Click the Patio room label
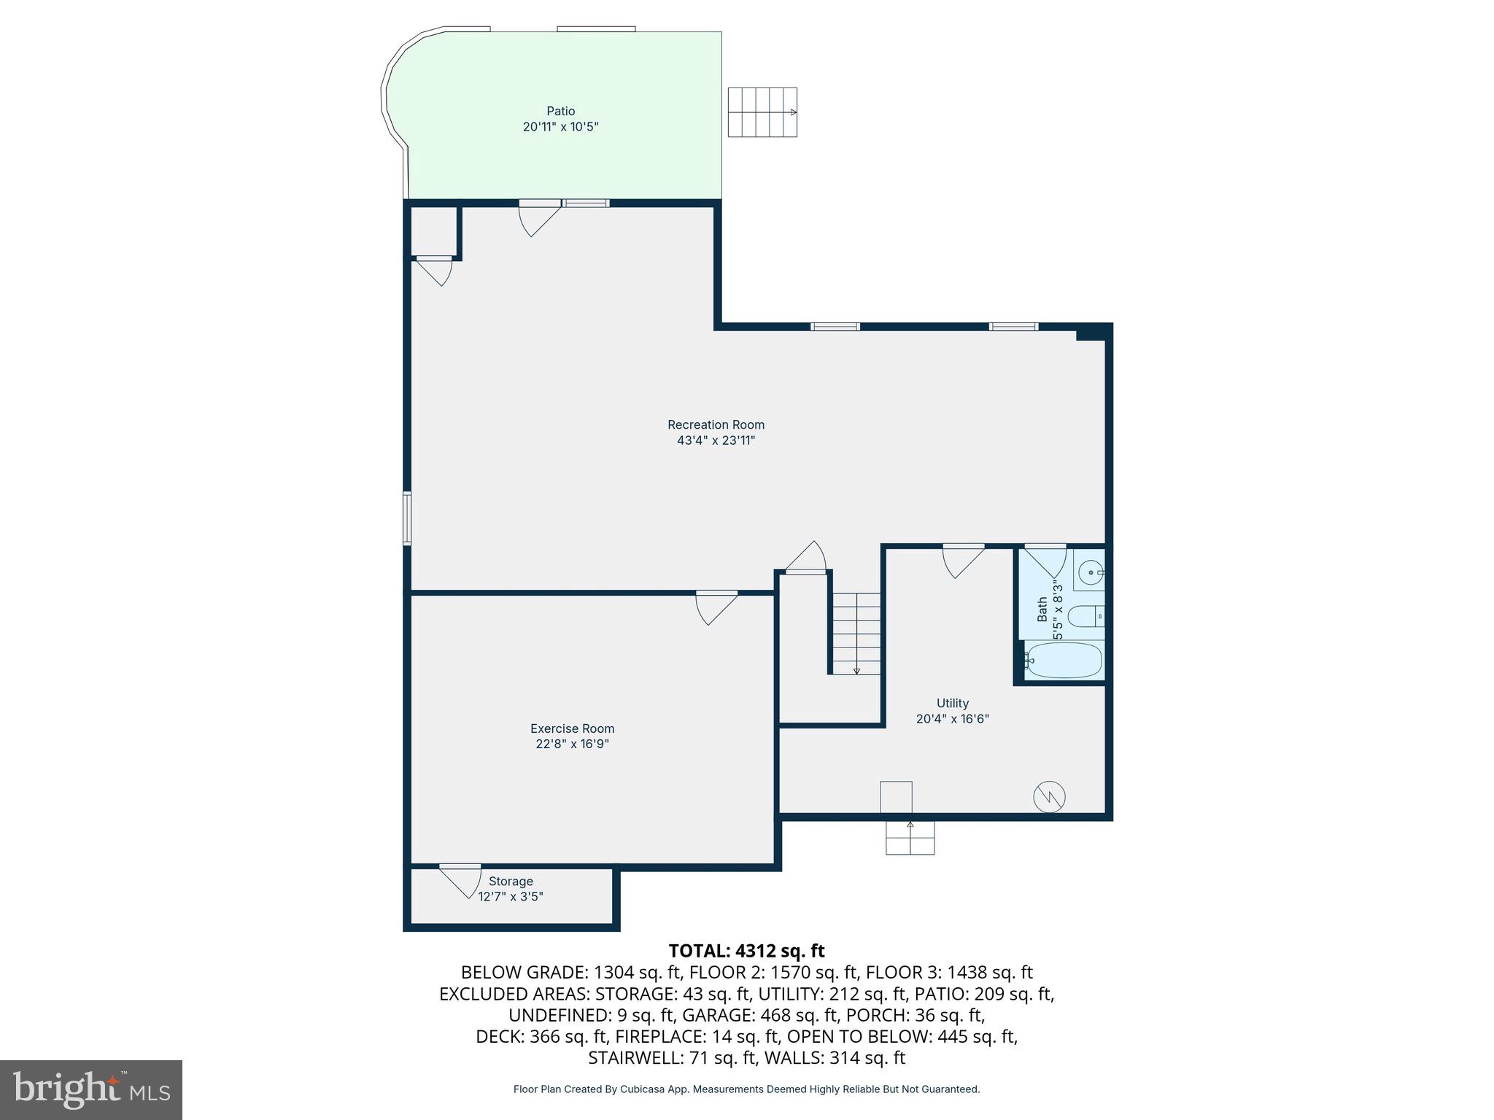pos(560,111)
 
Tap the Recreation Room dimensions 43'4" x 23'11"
pos(716,440)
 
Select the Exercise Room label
pos(572,728)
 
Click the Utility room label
pos(952,703)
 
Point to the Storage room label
pos(511,881)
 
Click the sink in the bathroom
pos(1091,572)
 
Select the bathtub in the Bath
pos(1064,660)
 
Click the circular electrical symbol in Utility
pos(1049,797)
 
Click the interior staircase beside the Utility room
pos(856,633)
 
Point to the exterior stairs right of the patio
pos(762,112)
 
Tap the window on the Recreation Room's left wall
pos(407,518)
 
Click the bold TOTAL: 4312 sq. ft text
pos(746,951)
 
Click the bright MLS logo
pos(91,1089)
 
